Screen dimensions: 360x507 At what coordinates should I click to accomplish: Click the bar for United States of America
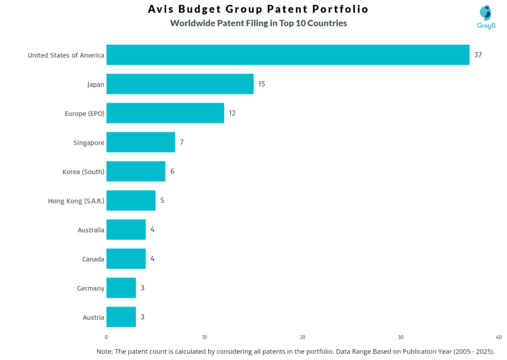288,55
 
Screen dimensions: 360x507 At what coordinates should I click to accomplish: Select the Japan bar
180,84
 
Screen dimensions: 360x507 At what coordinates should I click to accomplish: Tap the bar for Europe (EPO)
165,113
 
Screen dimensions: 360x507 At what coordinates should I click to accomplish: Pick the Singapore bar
141,142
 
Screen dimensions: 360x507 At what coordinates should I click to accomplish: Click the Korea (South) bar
136,171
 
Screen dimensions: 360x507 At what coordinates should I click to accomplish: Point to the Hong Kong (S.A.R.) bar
131,201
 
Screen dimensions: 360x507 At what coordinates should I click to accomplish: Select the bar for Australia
126,230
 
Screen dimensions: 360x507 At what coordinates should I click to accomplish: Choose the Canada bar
126,258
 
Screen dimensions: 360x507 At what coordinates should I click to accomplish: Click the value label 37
478,55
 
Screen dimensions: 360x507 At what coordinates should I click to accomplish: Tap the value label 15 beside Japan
261,84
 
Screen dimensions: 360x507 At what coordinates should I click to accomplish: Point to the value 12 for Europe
232,113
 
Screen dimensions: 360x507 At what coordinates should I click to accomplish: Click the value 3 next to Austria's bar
143,317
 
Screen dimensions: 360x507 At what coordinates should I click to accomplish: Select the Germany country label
91,288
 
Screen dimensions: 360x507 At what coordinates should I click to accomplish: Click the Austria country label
94,317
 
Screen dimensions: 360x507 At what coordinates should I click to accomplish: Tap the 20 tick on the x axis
303,337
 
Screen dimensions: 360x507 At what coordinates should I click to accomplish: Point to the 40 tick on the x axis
498,337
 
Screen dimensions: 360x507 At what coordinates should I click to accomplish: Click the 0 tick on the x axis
106,337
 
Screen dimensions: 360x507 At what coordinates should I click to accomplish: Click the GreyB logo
486,16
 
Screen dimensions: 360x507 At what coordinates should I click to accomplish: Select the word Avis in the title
162,9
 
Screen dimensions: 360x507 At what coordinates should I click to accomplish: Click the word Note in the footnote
104,351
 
